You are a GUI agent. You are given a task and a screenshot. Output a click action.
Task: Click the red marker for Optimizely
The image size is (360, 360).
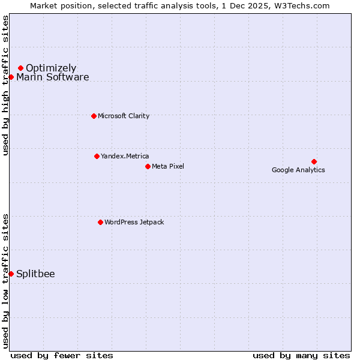(20, 68)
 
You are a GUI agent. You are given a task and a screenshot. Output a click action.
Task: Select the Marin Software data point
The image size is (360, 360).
(11, 77)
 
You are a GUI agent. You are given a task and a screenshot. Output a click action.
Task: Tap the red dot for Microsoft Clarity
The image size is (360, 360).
(94, 116)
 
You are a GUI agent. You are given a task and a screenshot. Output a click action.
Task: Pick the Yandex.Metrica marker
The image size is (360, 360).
(97, 156)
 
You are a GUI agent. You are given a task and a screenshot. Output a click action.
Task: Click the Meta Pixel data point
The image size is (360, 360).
(148, 166)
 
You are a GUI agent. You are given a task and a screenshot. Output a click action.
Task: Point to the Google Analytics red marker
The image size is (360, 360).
(314, 161)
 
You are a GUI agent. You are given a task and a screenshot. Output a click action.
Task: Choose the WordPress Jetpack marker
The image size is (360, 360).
(100, 222)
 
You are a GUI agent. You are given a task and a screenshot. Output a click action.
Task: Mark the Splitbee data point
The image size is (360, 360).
(11, 274)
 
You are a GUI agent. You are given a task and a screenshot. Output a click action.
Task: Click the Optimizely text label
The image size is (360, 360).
(51, 68)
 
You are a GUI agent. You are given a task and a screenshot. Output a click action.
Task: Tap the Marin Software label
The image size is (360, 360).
(53, 77)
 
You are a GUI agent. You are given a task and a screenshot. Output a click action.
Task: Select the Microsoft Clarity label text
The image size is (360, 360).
(124, 116)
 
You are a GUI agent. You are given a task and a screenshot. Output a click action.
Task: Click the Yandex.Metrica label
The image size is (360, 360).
(125, 156)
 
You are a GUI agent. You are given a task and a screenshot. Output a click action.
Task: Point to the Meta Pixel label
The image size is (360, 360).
(168, 166)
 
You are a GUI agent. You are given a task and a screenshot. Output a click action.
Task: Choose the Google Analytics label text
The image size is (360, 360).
(298, 170)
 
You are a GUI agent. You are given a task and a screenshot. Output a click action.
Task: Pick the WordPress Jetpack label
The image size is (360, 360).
(134, 222)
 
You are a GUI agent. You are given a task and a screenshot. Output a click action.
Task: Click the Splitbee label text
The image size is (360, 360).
(35, 274)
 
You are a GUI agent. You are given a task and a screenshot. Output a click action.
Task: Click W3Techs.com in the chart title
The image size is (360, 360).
(303, 5)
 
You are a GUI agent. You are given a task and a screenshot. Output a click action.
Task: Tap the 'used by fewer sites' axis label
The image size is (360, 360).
(62, 355)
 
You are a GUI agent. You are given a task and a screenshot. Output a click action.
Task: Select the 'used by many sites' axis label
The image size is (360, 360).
(301, 355)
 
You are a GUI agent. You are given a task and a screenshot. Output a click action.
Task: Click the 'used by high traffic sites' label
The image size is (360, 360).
(5, 85)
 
